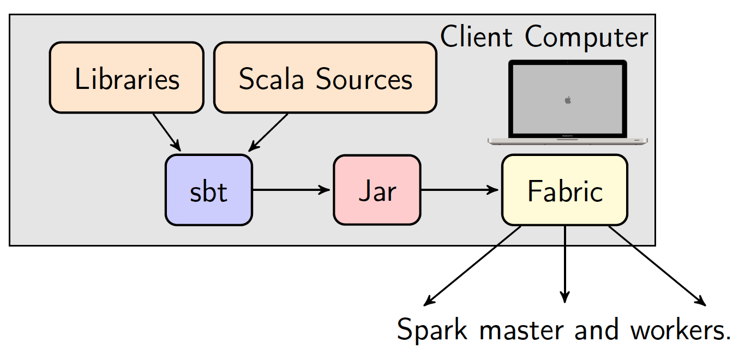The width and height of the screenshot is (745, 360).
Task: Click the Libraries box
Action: pos(127,77)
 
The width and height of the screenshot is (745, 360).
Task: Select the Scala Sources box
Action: pos(325,77)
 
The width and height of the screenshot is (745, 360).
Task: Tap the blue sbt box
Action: pos(209,190)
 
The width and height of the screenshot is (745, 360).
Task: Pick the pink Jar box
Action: pos(377,190)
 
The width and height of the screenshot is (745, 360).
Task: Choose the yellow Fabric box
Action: pos(564,190)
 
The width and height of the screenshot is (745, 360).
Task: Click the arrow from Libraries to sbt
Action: pos(167,133)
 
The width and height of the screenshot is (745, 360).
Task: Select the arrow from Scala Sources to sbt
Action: pos(268,133)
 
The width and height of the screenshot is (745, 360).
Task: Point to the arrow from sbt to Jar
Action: pos(291,190)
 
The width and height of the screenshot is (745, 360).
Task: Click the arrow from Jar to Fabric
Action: pos(460,190)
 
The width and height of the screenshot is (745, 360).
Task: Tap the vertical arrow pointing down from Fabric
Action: pos(564,264)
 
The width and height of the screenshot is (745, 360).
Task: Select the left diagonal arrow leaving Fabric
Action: pos(472,266)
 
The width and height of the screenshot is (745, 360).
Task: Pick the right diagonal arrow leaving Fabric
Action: pos(657,266)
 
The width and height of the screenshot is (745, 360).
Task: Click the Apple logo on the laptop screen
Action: pos(568,100)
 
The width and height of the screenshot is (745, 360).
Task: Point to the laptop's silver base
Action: pos(567,141)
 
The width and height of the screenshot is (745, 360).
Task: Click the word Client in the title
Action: pos(476,37)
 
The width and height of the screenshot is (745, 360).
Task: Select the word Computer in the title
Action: pos(587,37)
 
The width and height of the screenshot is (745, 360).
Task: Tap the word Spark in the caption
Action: pos(432,329)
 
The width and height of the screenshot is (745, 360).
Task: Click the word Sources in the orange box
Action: pos(364,79)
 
